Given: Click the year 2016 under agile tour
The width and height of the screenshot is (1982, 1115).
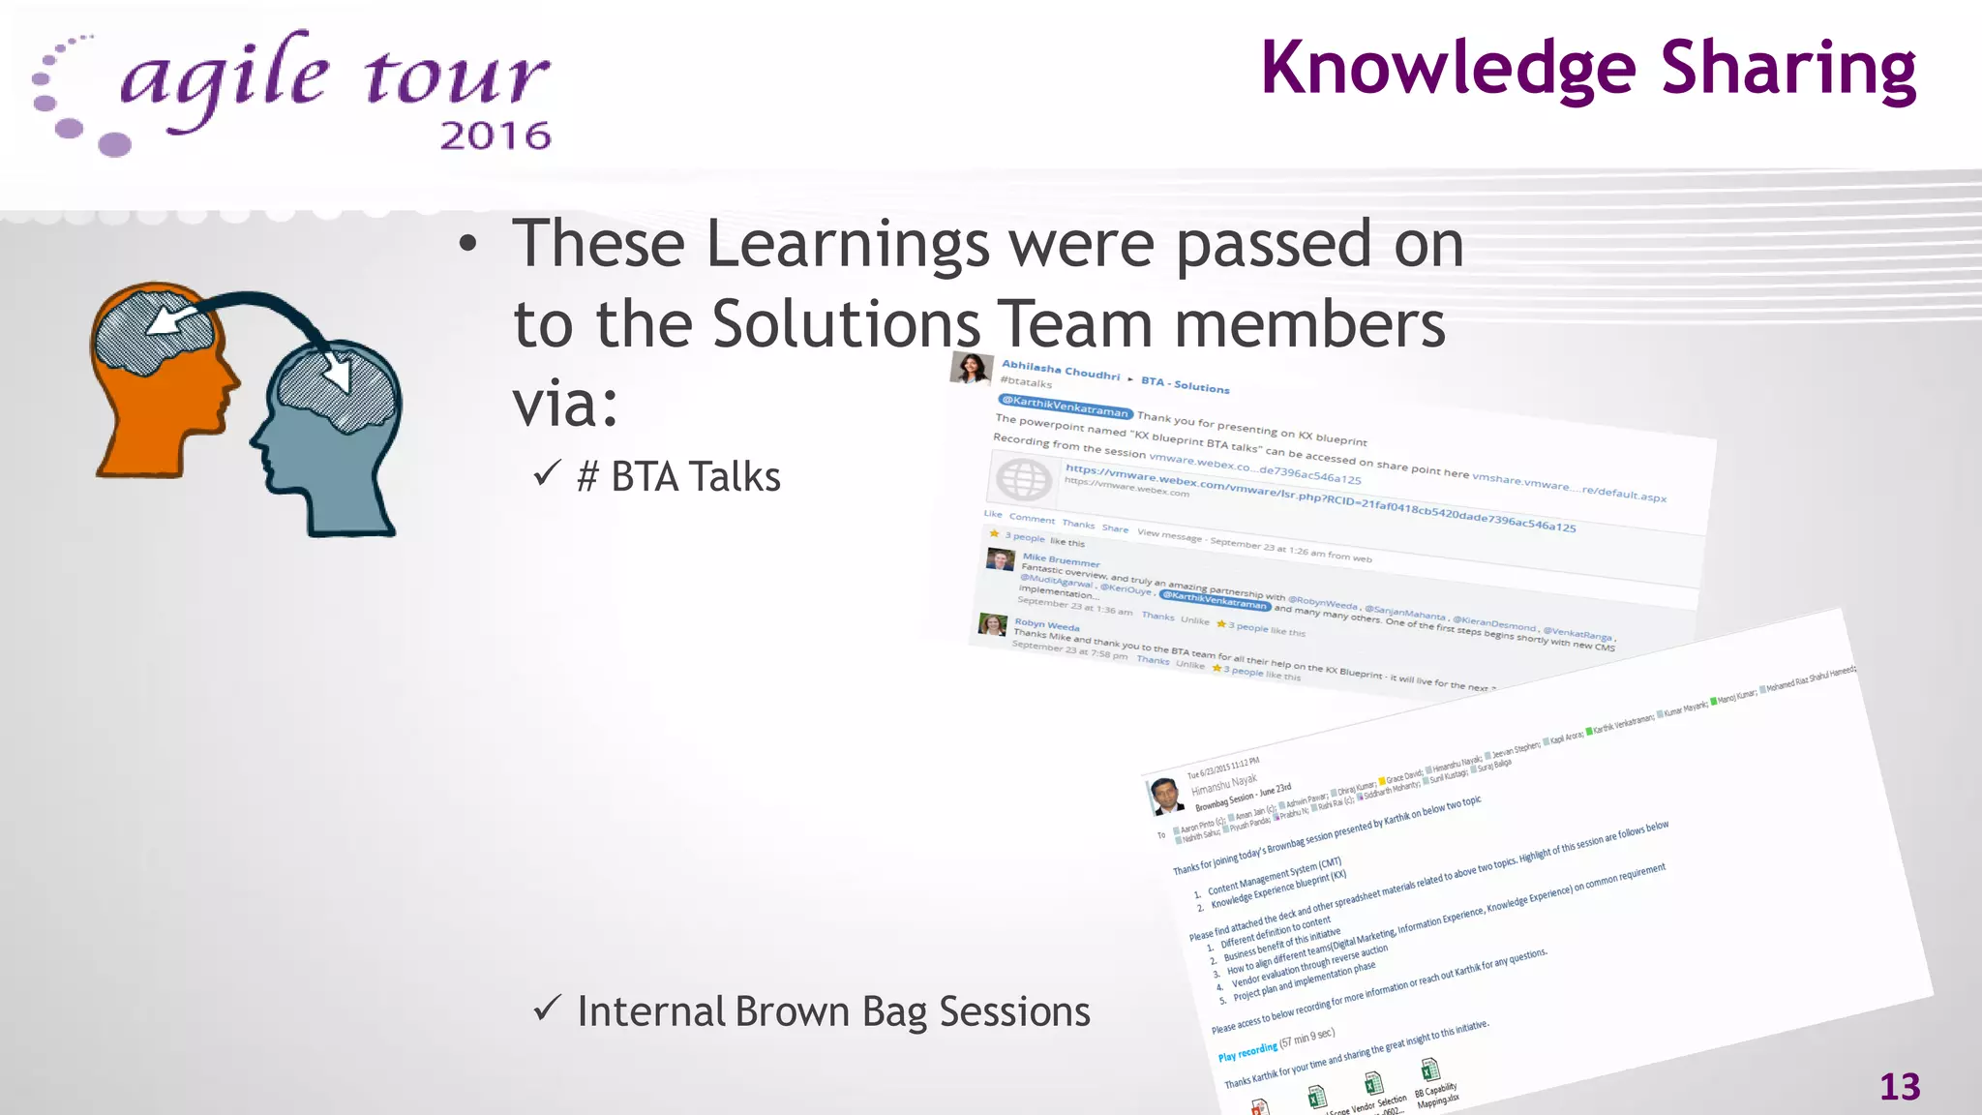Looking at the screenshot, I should pyautogui.click(x=495, y=136).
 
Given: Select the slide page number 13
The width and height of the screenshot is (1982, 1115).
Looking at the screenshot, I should pyautogui.click(x=1900, y=1087).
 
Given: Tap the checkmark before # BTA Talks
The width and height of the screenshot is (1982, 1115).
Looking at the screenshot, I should pyautogui.click(x=547, y=474).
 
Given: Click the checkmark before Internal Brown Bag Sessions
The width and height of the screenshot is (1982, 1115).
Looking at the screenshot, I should pyautogui.click(x=547, y=1009).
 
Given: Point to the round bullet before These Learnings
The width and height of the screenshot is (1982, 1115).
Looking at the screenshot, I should pyautogui.click(x=468, y=245).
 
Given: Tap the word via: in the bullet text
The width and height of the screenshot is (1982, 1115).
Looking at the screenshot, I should pyautogui.click(x=564, y=405).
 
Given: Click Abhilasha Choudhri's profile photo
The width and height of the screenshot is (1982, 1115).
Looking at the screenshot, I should pyautogui.click(x=972, y=369).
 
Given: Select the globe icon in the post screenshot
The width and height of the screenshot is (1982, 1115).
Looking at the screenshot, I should pyautogui.click(x=1023, y=479).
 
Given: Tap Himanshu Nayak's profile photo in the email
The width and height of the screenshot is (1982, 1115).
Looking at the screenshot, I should pyautogui.click(x=1166, y=796).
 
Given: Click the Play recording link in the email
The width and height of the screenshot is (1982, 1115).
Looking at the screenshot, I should pyautogui.click(x=1247, y=1051).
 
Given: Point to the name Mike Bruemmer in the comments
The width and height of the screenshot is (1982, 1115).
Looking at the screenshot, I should pyautogui.click(x=1061, y=560).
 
